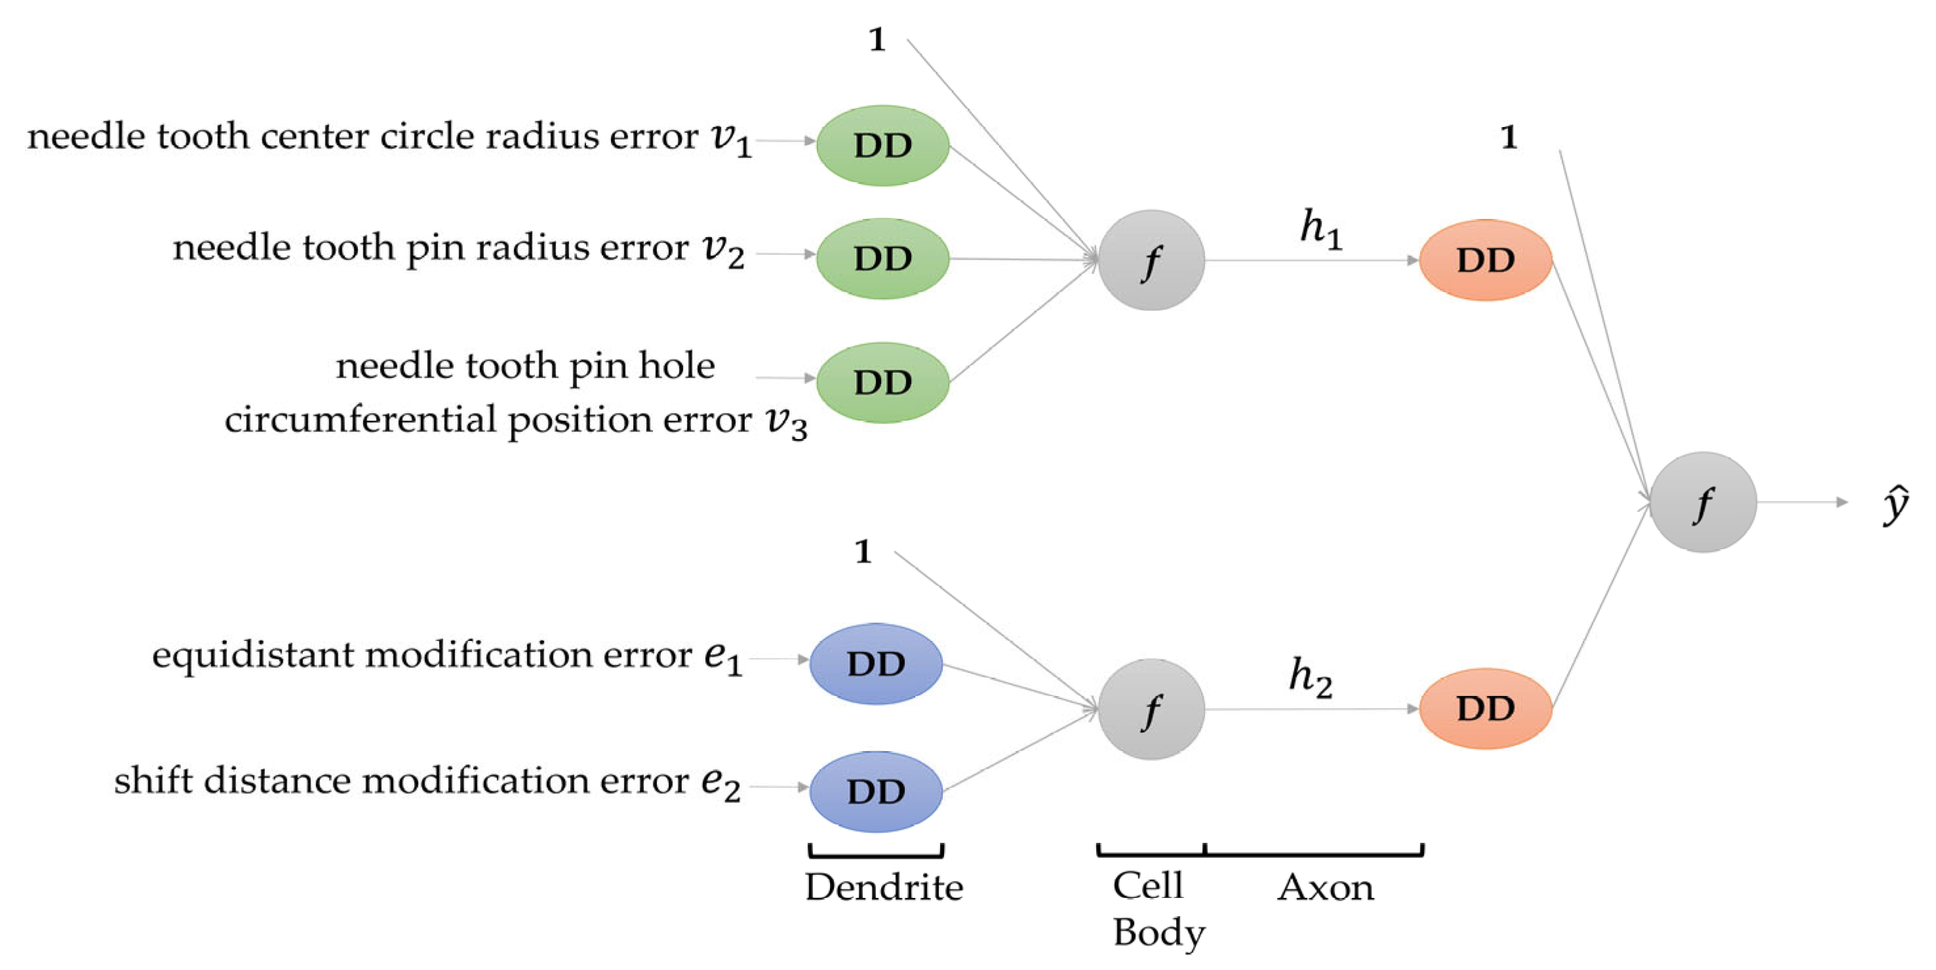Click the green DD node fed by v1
[x=882, y=145]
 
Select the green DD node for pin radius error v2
[x=882, y=258]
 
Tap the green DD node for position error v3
[x=882, y=383]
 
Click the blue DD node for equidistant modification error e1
[x=875, y=663]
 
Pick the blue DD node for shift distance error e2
[x=875, y=791]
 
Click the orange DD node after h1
[x=1485, y=260]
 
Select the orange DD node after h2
[x=1485, y=708]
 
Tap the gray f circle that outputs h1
[x=1151, y=260]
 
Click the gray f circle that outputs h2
[x=1151, y=709]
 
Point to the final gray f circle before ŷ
[x=1703, y=502]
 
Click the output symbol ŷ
[x=1895, y=505]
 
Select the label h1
[x=1320, y=229]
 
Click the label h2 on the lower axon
[x=1310, y=677]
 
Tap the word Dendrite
[x=884, y=887]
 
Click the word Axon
[x=1325, y=887]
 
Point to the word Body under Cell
[x=1158, y=933]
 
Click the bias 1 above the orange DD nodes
[x=1509, y=138]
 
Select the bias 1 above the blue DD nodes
[x=863, y=551]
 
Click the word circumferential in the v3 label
[x=361, y=420]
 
